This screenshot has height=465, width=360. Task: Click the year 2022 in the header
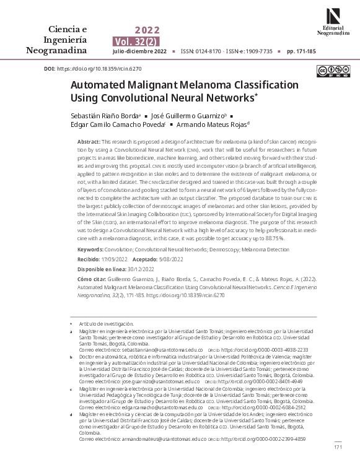click(x=147, y=30)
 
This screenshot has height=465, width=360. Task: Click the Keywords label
click(x=90, y=250)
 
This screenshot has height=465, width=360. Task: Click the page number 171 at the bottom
click(x=338, y=447)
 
